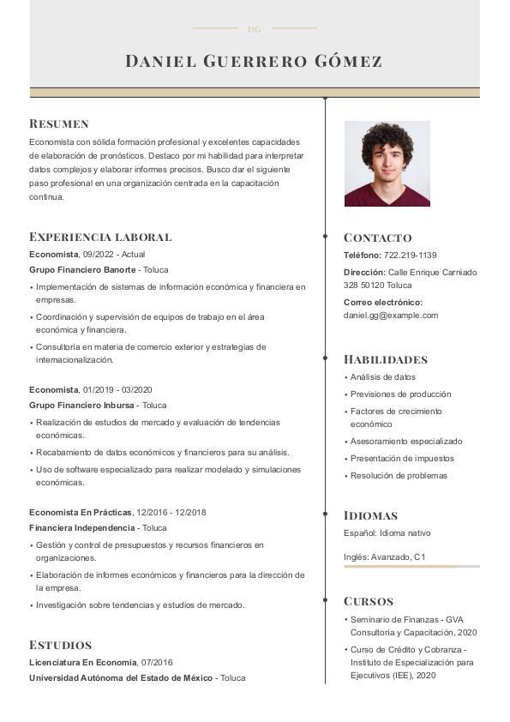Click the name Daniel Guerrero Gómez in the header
tap(254, 61)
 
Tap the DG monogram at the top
tap(254, 29)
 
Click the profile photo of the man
tap(387, 164)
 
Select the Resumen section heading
tap(59, 123)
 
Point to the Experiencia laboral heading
tap(100, 237)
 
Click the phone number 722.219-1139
tap(410, 256)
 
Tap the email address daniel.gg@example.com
tap(390, 316)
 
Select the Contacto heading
tap(377, 238)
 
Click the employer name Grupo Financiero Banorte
tap(82, 270)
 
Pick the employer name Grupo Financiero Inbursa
tap(81, 406)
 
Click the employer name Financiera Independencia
tap(81, 528)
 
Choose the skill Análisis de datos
tap(382, 377)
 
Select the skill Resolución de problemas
tap(399, 476)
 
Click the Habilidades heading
tap(385, 359)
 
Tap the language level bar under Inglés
tap(411, 566)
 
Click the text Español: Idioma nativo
tap(387, 533)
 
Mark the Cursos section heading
tap(369, 601)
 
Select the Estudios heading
tap(60, 645)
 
